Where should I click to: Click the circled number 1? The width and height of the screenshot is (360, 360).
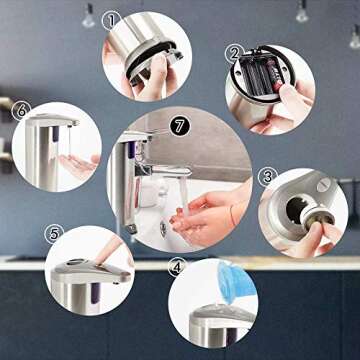(x=111, y=19)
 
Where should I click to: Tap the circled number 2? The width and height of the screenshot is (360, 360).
(x=234, y=54)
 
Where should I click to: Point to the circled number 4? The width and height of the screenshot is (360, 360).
(x=177, y=267)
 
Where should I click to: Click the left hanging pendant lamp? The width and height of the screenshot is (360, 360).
(x=88, y=17)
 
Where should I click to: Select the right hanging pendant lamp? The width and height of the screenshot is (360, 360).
(x=302, y=13)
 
